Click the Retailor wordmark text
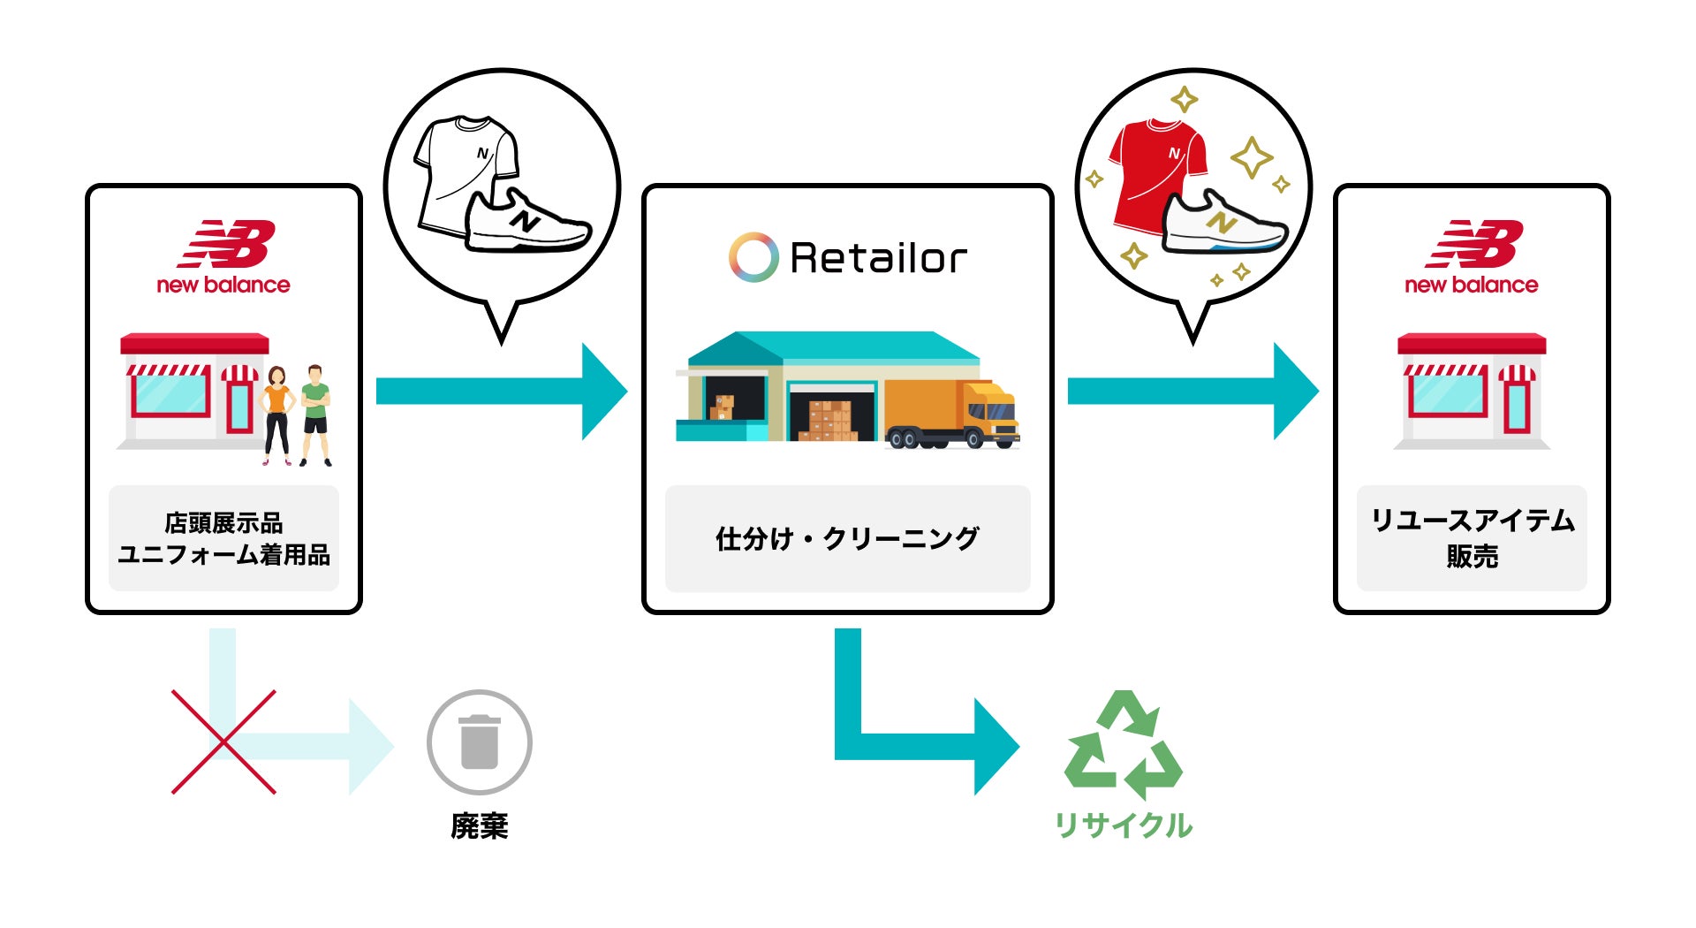click(x=878, y=258)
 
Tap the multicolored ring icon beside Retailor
click(x=753, y=257)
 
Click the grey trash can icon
click(x=480, y=742)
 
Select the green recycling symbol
click(x=1124, y=746)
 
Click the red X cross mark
click(x=223, y=742)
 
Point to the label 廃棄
click(x=480, y=825)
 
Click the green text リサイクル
click(x=1124, y=825)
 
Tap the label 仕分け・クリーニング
click(x=847, y=538)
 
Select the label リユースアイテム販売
click(x=1472, y=537)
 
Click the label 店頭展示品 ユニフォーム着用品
click(x=223, y=538)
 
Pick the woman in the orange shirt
click(x=276, y=414)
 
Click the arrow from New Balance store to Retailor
click(x=500, y=391)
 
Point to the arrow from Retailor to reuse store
click(x=1192, y=391)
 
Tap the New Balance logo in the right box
click(x=1472, y=257)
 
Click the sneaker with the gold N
click(x=1224, y=225)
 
